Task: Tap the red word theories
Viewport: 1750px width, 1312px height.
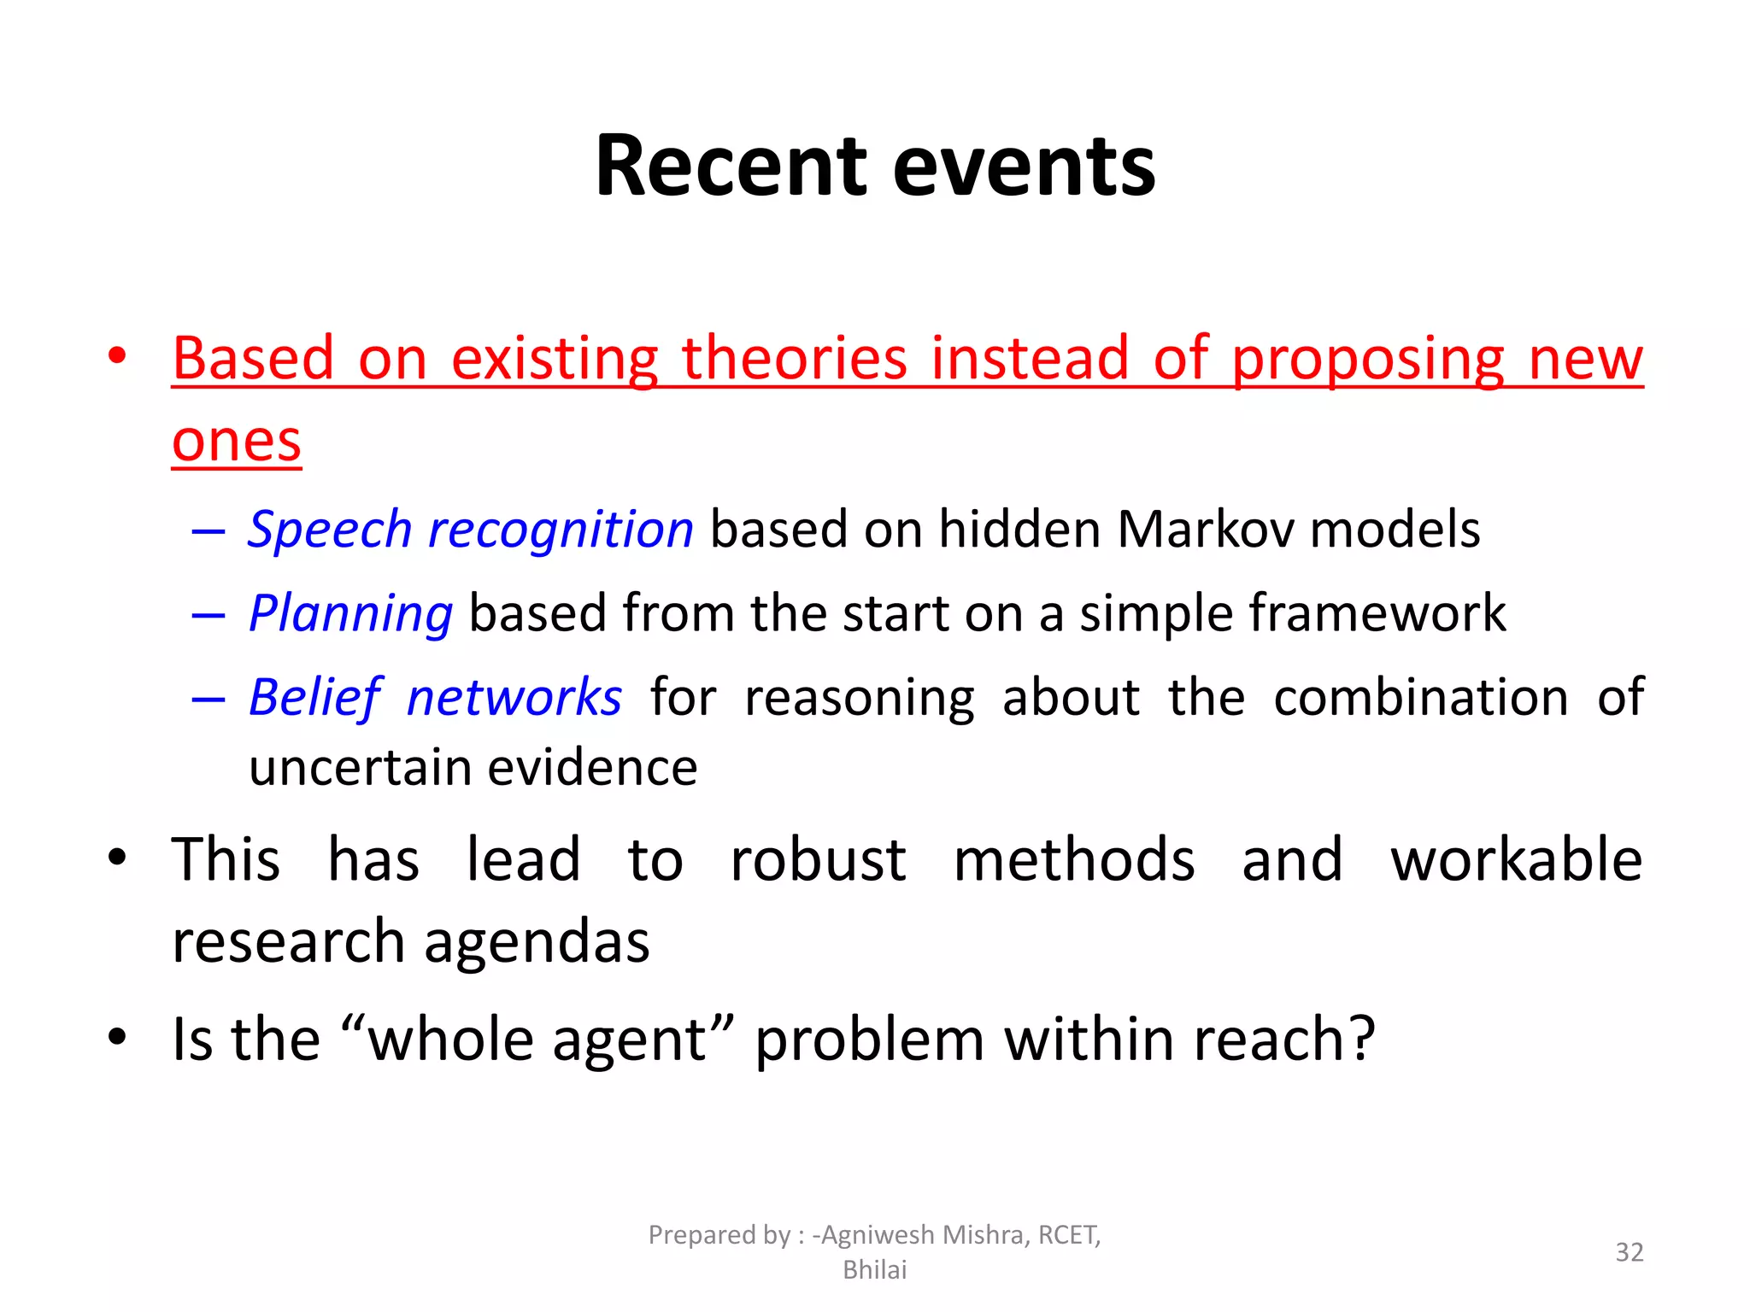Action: pyautogui.click(x=794, y=358)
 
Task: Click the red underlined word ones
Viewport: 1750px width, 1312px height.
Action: pyautogui.click(x=237, y=442)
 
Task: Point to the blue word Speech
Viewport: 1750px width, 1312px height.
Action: pyautogui.click(x=330, y=530)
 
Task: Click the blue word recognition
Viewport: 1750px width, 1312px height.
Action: pyautogui.click(x=561, y=530)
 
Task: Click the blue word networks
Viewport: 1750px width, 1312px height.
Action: pyautogui.click(x=514, y=697)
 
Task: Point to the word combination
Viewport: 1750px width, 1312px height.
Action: pyautogui.click(x=1420, y=697)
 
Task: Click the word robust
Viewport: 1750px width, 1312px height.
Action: pyautogui.click(x=818, y=859)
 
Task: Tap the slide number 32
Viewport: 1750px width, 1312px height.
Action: pyautogui.click(x=1629, y=1252)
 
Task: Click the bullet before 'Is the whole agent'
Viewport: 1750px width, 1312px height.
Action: pyautogui.click(x=118, y=1037)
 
